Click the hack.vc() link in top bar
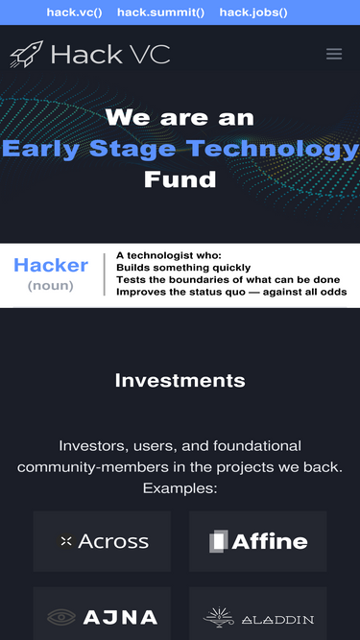[74, 12]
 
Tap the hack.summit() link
[160, 12]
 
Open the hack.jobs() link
[253, 12]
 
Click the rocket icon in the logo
[26, 54]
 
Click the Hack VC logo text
[110, 55]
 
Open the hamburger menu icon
[334, 55]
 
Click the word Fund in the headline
[180, 178]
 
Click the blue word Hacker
[51, 266]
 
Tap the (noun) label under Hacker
[51, 285]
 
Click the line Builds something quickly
[183, 268]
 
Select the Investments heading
[180, 381]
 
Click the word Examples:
[180, 488]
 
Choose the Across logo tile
[102, 541]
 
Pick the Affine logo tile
[257, 541]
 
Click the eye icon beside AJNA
[61, 617]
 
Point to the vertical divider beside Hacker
[104, 274]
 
